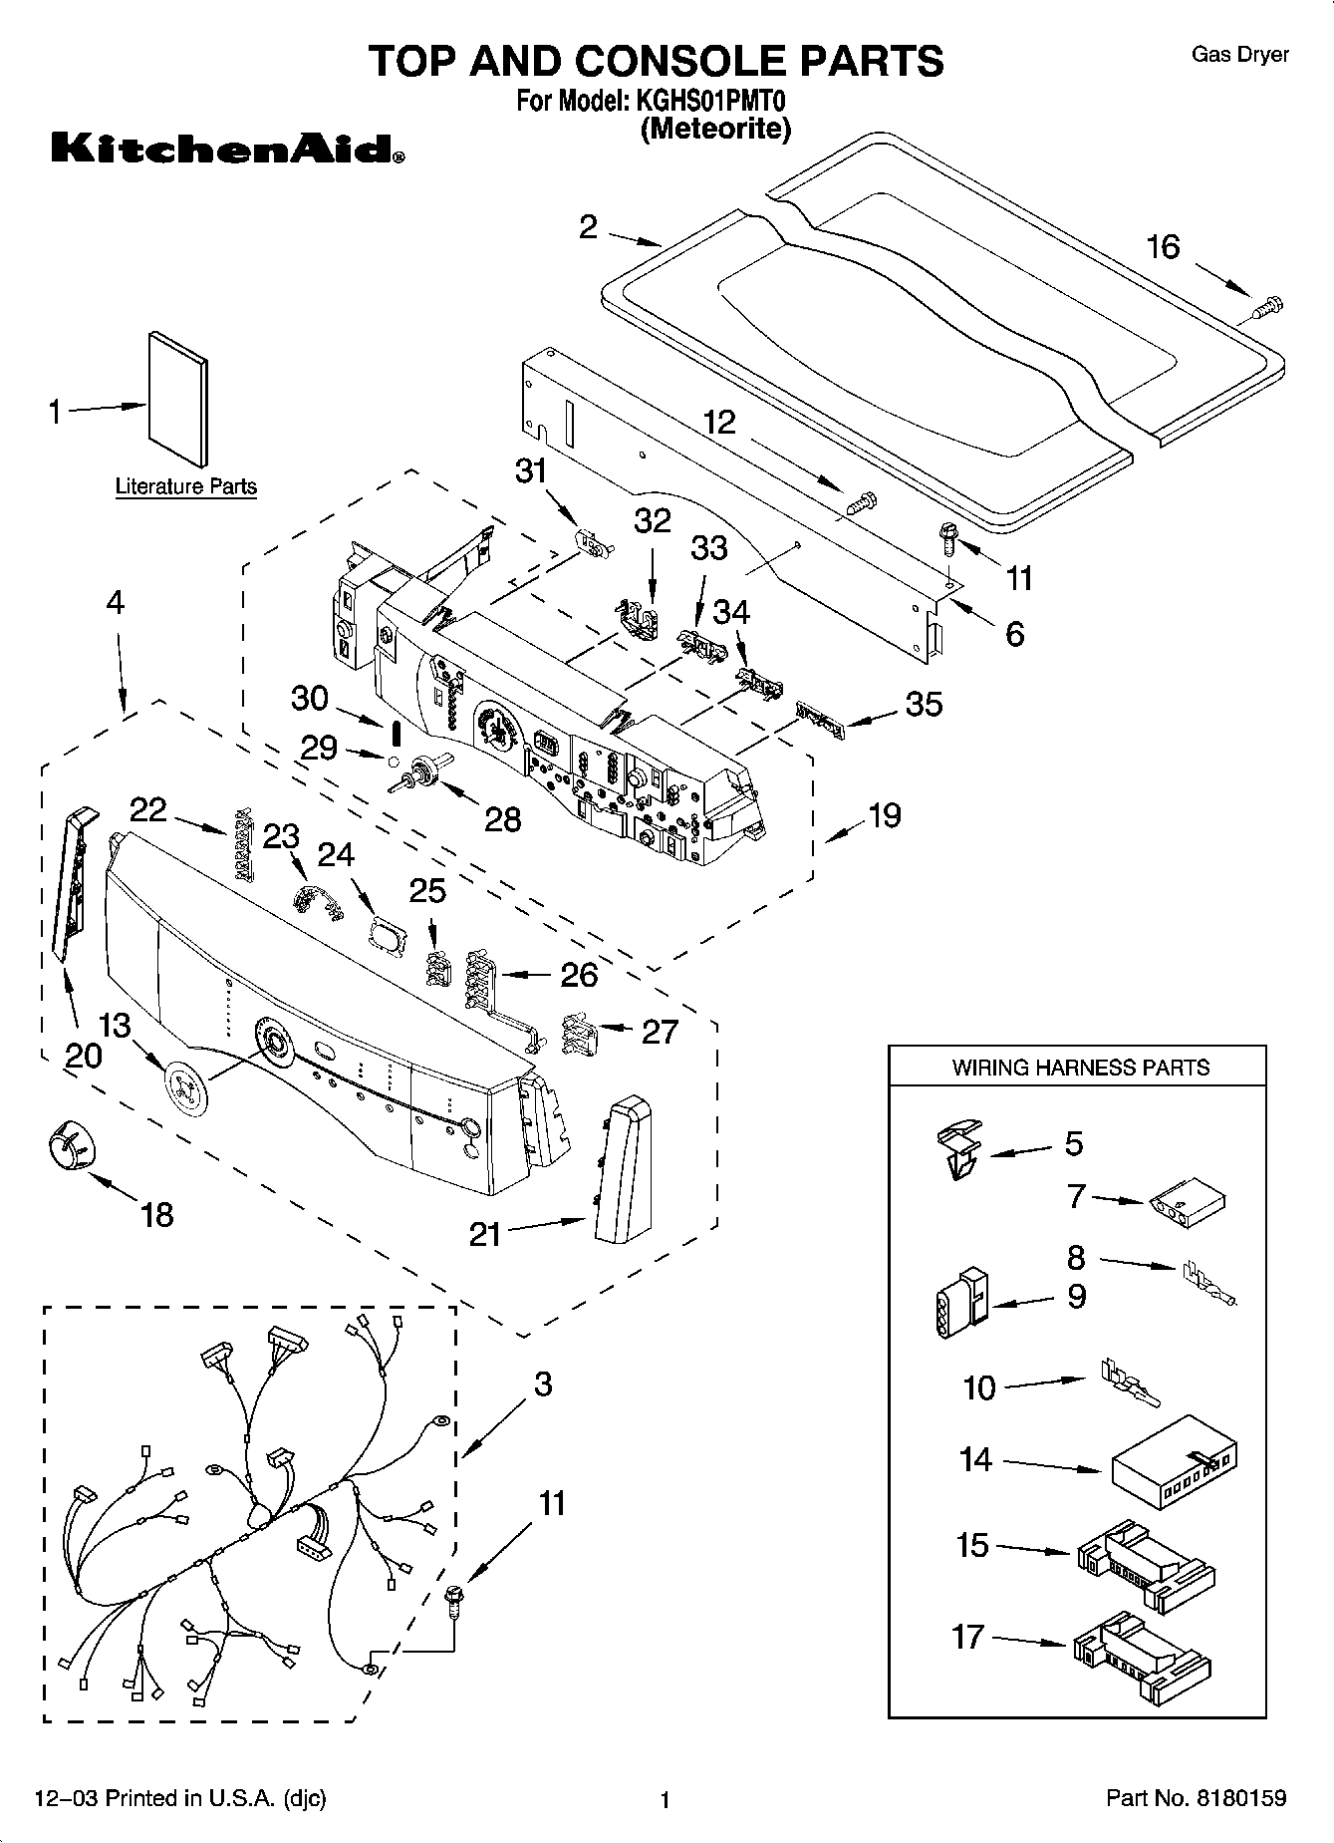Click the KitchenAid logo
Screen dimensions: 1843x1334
(228, 149)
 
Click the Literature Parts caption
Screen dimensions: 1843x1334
(186, 486)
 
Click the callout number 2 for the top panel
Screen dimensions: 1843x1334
(589, 227)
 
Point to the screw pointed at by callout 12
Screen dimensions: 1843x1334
(859, 503)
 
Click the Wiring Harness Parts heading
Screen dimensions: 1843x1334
(1080, 1068)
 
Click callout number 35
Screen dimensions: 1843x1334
(923, 704)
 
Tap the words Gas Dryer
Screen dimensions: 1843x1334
(1240, 55)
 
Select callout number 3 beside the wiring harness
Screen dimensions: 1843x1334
(542, 1383)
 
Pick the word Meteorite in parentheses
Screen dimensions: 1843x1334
(716, 129)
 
